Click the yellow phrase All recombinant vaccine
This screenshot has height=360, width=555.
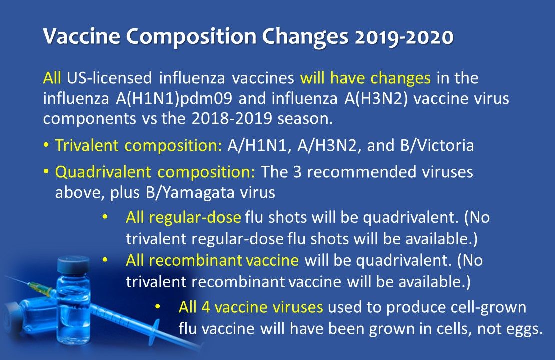[212, 260]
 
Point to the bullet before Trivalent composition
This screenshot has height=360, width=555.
[46, 147]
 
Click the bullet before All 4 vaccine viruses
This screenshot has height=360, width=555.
[158, 306]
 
